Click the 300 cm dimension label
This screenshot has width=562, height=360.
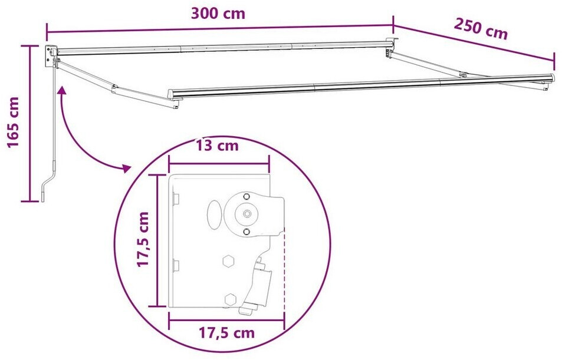click(218, 14)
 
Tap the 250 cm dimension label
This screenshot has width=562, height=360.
click(481, 29)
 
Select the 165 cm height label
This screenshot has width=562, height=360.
click(13, 122)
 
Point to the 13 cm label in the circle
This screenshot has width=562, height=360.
click(217, 146)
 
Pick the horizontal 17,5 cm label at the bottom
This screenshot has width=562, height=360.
click(226, 333)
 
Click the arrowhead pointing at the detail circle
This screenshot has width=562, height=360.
click(126, 168)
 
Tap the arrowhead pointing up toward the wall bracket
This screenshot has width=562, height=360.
click(62, 90)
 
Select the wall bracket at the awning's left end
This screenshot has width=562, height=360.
click(51, 56)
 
